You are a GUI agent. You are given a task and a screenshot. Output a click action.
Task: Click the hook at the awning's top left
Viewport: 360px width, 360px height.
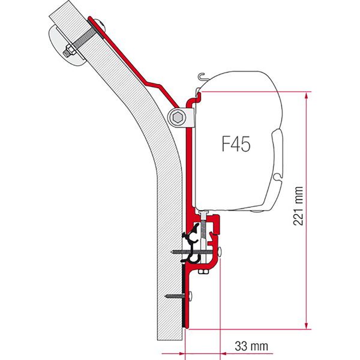(202, 77)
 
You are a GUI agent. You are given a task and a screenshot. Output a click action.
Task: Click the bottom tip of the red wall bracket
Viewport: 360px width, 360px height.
(185, 326)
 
